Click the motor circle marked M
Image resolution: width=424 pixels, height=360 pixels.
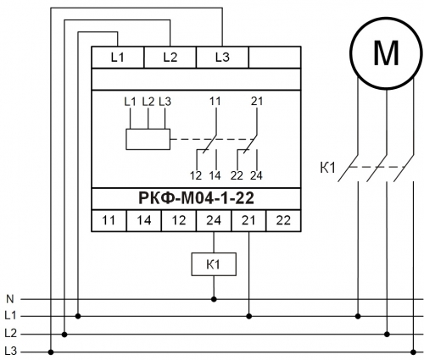pos(386,53)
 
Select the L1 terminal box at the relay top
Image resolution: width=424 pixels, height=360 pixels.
pos(118,58)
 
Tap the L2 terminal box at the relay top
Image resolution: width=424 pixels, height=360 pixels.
pos(170,58)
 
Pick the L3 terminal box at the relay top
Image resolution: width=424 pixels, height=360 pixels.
pos(222,58)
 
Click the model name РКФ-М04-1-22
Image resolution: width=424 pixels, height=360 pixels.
pos(196,198)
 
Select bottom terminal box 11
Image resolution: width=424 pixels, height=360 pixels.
pos(109,220)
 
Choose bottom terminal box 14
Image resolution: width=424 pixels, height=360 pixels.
pos(144,220)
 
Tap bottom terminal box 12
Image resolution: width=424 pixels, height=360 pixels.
pos(179,220)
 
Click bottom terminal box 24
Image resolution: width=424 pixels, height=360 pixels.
pos(214,220)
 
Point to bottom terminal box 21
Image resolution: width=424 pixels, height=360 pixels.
pos(248,220)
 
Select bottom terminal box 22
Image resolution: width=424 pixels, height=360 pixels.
pos(283,220)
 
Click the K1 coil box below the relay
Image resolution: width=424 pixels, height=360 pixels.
pos(214,264)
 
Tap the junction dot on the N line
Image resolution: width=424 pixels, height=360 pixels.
pos(214,299)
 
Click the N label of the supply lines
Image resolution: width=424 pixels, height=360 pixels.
pos(10,299)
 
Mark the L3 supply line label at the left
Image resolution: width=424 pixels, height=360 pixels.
pos(11,352)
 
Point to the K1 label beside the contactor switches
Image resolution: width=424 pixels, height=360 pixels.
pos(327,168)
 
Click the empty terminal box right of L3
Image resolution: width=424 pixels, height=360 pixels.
pos(275,58)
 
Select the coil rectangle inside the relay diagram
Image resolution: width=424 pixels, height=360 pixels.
pos(148,139)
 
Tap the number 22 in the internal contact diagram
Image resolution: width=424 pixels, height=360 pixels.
pos(237,175)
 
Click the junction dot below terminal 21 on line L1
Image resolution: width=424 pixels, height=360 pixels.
pos(248,316)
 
